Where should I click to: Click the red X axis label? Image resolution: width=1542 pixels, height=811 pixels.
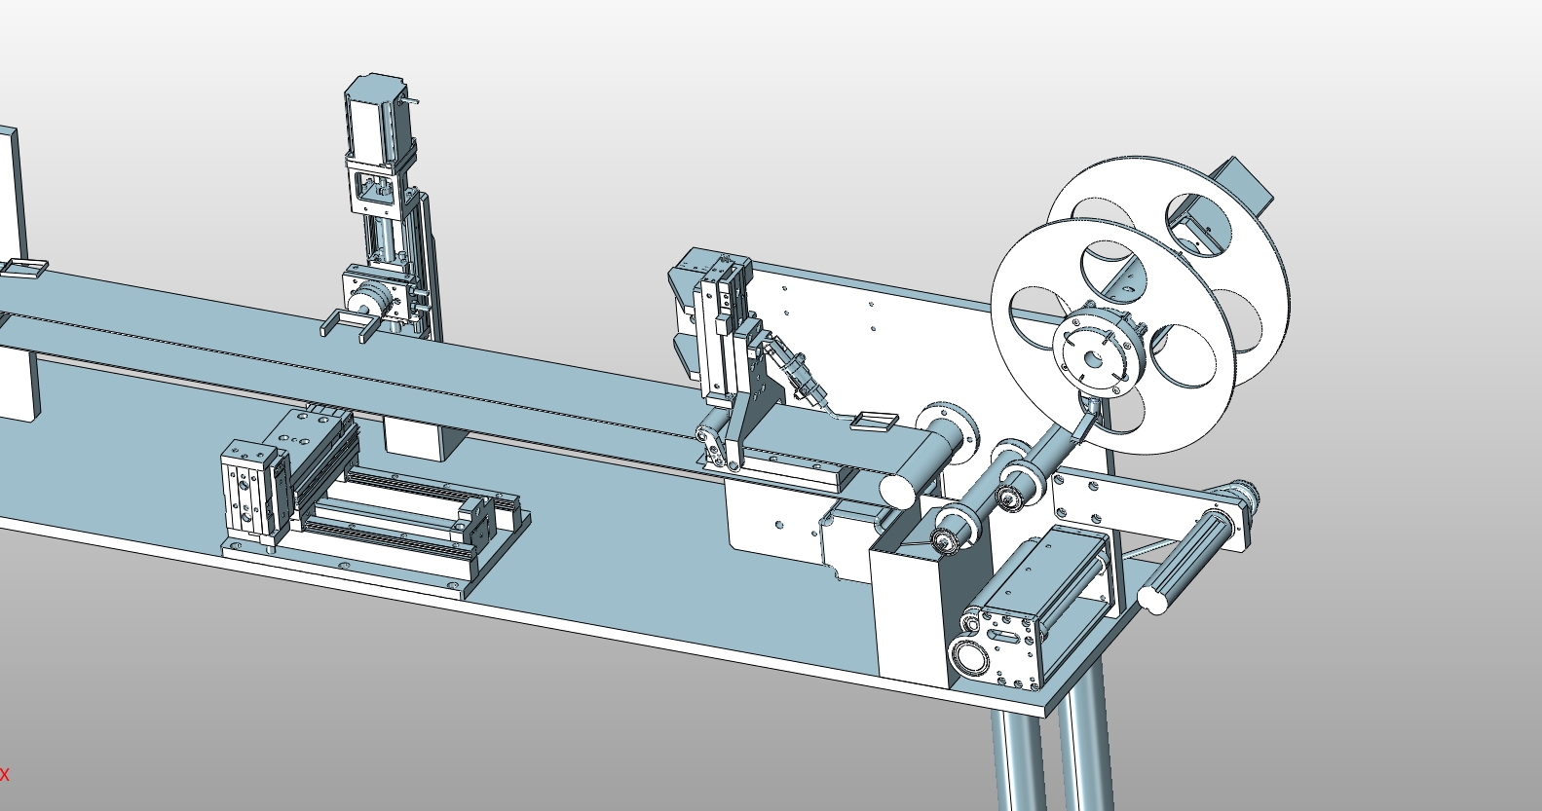coord(5,775)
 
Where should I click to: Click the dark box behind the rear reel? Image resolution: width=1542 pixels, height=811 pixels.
coord(1242,184)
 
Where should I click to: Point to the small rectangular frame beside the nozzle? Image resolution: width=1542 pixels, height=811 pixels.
coord(874,421)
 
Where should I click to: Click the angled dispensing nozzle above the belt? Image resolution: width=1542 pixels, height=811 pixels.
coord(804,380)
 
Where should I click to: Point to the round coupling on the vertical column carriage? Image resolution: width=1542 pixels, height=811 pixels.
coord(369,303)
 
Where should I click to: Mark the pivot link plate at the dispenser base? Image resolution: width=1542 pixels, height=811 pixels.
coord(716,448)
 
